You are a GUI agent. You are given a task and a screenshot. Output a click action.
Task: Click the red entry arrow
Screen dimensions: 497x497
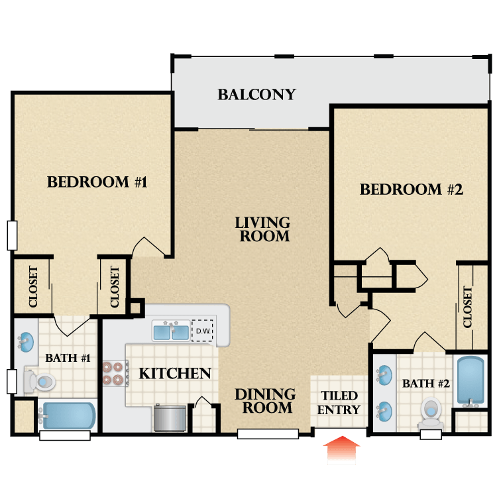tap(342, 449)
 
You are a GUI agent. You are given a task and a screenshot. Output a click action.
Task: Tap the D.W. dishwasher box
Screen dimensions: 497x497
tap(203, 331)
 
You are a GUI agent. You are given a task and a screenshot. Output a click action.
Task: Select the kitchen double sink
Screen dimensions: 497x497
tap(171, 331)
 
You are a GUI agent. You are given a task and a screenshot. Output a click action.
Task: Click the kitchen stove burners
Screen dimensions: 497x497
tap(113, 373)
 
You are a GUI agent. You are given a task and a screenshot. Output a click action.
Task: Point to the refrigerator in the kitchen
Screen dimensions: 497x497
tap(170, 418)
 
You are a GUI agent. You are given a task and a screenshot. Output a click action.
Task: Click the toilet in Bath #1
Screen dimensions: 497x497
tap(40, 382)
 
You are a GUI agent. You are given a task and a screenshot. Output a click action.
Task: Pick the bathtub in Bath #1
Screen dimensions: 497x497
tap(67, 416)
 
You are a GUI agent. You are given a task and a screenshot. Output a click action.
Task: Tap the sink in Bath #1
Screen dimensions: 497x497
tap(25, 342)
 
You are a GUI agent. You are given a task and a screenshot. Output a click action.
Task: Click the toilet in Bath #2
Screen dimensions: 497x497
tap(431, 411)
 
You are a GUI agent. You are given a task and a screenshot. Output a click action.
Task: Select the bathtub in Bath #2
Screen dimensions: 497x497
tap(470, 381)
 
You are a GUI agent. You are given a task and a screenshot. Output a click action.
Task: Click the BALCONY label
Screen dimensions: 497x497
tap(256, 95)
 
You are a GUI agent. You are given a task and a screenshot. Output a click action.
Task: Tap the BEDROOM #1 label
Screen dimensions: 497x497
tap(97, 182)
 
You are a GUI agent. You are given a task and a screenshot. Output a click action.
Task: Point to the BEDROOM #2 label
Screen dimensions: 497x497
tap(412, 190)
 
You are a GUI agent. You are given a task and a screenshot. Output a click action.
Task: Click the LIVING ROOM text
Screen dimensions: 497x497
tap(262, 229)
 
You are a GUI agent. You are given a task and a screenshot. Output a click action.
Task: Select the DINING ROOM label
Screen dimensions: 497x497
tap(266, 401)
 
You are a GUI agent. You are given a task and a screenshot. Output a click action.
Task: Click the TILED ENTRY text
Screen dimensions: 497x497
tap(339, 402)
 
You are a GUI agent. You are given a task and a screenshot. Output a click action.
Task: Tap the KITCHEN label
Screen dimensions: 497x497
tap(175, 373)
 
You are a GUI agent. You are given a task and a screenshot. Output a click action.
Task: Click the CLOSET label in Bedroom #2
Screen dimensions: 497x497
tap(468, 307)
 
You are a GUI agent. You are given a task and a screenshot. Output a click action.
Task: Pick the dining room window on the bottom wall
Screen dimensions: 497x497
tap(268, 434)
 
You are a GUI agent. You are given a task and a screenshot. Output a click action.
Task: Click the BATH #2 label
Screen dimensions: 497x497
tap(426, 384)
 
